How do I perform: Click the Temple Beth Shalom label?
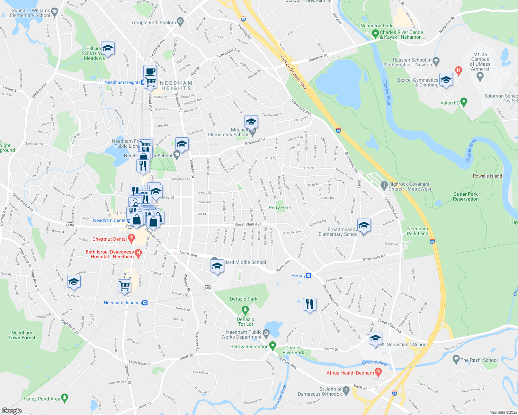[x=153, y=22]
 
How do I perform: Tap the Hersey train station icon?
[x=309, y=276]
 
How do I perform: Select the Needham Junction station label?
[x=123, y=303]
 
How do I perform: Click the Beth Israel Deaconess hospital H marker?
[x=138, y=254]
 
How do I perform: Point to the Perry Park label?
[x=280, y=207]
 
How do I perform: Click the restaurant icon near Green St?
[x=309, y=304]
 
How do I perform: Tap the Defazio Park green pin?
[x=245, y=309]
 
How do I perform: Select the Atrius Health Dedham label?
[x=350, y=373]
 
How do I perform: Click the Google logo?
[x=11, y=411]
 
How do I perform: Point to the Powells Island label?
[x=487, y=176]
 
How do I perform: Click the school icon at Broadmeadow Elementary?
[x=364, y=225]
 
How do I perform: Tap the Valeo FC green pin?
[x=464, y=102]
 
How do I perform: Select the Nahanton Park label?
[x=376, y=26]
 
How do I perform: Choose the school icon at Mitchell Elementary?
[x=251, y=122]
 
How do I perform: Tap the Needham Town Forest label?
[x=22, y=335]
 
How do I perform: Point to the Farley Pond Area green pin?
[x=64, y=398]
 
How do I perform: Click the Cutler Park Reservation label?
[x=465, y=196]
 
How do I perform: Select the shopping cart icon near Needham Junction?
[x=124, y=286]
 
